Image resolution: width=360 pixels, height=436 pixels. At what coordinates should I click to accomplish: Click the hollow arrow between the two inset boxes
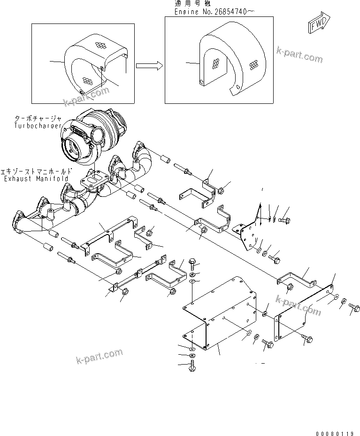coord(149,65)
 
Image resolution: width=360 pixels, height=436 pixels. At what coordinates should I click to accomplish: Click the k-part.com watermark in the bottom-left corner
coord(99,356)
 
